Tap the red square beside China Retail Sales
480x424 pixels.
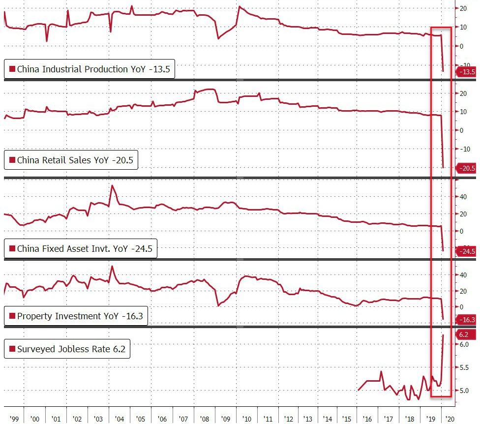coord(12,160)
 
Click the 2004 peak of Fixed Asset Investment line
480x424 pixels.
coord(112,185)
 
